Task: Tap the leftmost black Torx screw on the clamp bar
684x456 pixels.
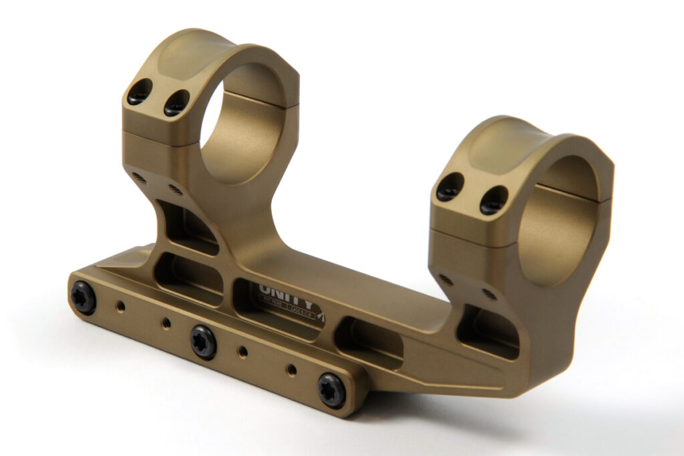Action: click(x=83, y=298)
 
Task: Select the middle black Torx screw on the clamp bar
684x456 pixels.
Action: click(x=204, y=341)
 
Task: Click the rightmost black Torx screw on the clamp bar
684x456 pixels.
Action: click(x=331, y=389)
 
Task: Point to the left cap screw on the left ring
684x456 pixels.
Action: click(x=140, y=91)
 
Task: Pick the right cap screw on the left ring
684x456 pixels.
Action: click(x=176, y=103)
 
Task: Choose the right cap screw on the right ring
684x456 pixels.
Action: click(x=494, y=200)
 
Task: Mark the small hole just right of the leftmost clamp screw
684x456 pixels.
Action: click(x=120, y=306)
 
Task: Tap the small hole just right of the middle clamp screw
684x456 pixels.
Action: click(x=244, y=351)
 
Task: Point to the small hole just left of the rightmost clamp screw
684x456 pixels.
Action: click(x=292, y=369)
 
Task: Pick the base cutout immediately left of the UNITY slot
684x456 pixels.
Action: click(x=188, y=278)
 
